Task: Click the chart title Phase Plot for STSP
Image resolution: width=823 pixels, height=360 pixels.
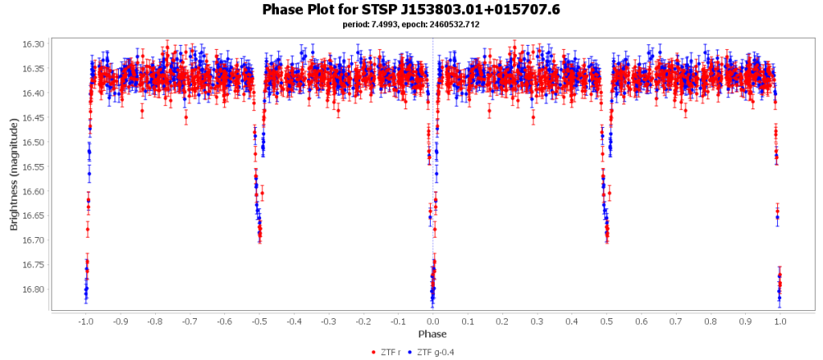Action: (x=411, y=10)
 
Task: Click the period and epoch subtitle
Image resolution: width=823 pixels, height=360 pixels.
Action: (x=411, y=24)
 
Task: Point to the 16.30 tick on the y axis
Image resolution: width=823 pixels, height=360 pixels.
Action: (x=35, y=44)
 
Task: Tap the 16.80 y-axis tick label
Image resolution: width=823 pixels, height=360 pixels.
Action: (x=35, y=289)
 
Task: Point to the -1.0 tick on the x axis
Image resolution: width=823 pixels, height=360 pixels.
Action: (x=85, y=321)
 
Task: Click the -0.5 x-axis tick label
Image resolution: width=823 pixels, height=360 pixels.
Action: (x=259, y=321)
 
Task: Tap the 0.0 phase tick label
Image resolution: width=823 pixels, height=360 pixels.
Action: (x=433, y=321)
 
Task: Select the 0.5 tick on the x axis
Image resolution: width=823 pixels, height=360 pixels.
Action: (x=607, y=321)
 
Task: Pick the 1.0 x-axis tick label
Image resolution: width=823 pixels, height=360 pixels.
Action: (x=780, y=321)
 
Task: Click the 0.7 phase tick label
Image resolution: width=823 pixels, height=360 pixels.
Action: (x=676, y=321)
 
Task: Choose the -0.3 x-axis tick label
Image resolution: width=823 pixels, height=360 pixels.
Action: (x=329, y=321)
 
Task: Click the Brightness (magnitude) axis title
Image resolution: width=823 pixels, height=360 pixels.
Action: (x=14, y=175)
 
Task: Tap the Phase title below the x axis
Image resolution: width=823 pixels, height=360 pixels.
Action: (x=432, y=333)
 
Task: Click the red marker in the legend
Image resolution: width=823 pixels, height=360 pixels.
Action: (x=372, y=352)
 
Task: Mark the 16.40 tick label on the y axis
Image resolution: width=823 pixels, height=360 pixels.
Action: (x=35, y=93)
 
